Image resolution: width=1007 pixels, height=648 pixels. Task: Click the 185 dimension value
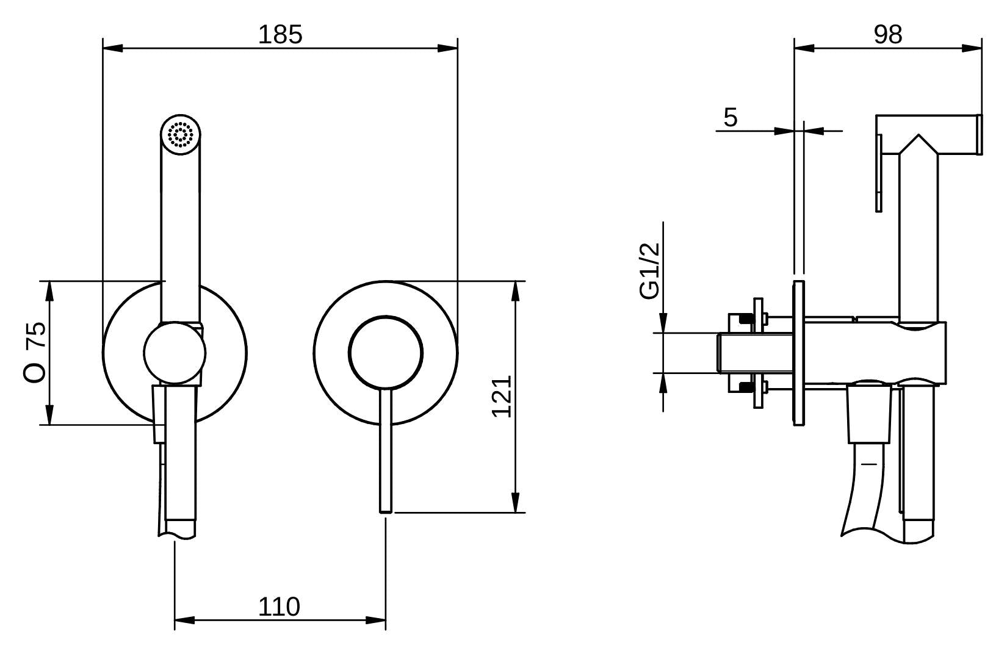[x=280, y=35]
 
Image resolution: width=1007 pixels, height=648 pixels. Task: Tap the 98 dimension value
[x=888, y=35]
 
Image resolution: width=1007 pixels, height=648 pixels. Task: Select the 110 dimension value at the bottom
[x=279, y=607]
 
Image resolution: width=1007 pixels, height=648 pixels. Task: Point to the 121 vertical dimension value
[x=502, y=397]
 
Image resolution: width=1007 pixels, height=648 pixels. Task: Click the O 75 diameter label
[x=35, y=353]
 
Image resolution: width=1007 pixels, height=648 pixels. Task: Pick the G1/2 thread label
[x=650, y=271]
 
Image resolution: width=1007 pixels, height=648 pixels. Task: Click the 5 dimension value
[x=731, y=117]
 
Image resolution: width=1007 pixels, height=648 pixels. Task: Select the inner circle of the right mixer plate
[x=386, y=353]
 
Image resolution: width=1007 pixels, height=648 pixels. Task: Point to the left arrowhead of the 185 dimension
[x=112, y=48]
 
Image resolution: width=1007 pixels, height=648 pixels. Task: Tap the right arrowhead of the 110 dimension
[x=376, y=620]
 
